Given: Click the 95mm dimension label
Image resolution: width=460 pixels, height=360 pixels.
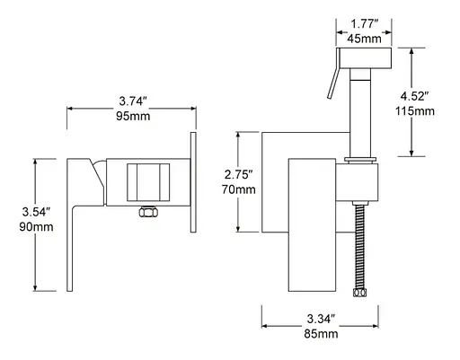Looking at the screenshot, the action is click(133, 116).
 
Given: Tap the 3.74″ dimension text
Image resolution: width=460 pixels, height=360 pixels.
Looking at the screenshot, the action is click(133, 101).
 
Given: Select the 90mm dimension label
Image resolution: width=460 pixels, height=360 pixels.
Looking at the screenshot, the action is click(36, 227).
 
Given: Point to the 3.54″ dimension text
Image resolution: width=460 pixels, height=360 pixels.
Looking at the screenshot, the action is click(36, 212).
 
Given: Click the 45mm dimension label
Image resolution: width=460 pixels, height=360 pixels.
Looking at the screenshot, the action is click(364, 39).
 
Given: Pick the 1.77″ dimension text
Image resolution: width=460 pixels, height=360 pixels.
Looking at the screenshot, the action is click(365, 23).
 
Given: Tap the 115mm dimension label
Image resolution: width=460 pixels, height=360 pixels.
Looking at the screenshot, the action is click(415, 111).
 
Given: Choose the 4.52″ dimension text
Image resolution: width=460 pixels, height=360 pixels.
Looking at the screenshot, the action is click(415, 96).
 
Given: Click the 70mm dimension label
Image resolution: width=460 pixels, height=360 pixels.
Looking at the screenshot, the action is click(239, 189).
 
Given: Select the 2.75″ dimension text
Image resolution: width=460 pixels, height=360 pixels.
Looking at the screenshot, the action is click(239, 174).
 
